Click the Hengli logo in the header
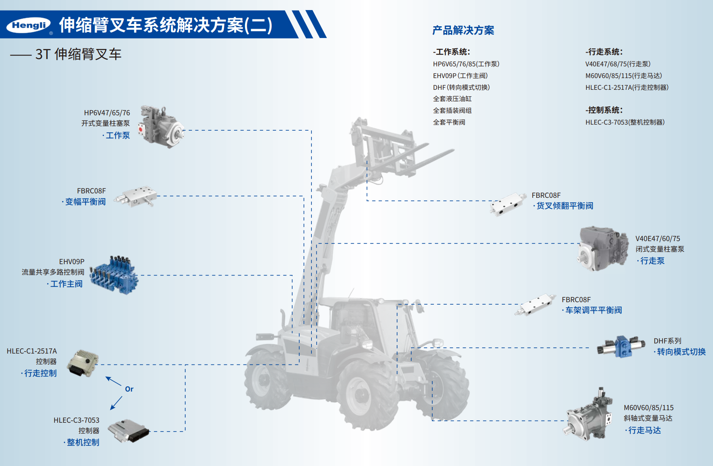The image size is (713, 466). [x=28, y=25]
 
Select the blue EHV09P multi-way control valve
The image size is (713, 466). [x=114, y=275]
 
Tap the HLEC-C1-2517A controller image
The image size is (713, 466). [x=83, y=363]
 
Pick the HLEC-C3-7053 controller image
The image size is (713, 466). [x=129, y=431]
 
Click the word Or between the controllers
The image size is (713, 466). [x=129, y=389]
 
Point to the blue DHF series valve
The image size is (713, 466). [x=621, y=346]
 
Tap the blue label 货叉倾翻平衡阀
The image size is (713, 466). [x=565, y=206]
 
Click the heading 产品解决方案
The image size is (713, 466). [x=463, y=30]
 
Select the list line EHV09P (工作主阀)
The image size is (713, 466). [x=460, y=76]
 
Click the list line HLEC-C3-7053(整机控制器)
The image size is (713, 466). [x=625, y=122]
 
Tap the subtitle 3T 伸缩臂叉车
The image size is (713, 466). [x=78, y=54]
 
